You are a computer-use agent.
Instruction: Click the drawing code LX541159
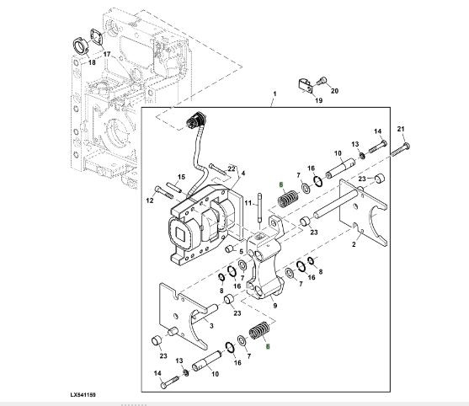click(83, 395)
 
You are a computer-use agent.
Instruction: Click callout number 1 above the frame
click(274, 94)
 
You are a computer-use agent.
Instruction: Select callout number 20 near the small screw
click(334, 91)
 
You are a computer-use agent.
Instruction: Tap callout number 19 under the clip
click(319, 100)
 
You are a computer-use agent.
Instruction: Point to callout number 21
click(401, 129)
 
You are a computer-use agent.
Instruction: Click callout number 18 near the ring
click(92, 62)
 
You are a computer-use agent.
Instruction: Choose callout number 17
click(107, 54)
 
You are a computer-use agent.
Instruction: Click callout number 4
click(243, 174)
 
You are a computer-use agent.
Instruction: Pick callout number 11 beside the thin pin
click(248, 203)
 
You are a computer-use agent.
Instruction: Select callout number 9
click(275, 306)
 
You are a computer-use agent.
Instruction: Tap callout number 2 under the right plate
click(354, 244)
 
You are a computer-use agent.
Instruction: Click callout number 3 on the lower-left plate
click(211, 325)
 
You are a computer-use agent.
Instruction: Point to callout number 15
click(182, 177)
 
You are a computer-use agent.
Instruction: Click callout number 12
click(150, 200)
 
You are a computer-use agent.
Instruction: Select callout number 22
click(232, 168)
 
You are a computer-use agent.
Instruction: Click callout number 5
click(241, 252)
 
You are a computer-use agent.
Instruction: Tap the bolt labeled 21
click(401, 150)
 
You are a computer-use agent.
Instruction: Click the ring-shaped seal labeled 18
click(81, 45)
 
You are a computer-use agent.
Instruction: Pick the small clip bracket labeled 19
click(306, 86)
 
